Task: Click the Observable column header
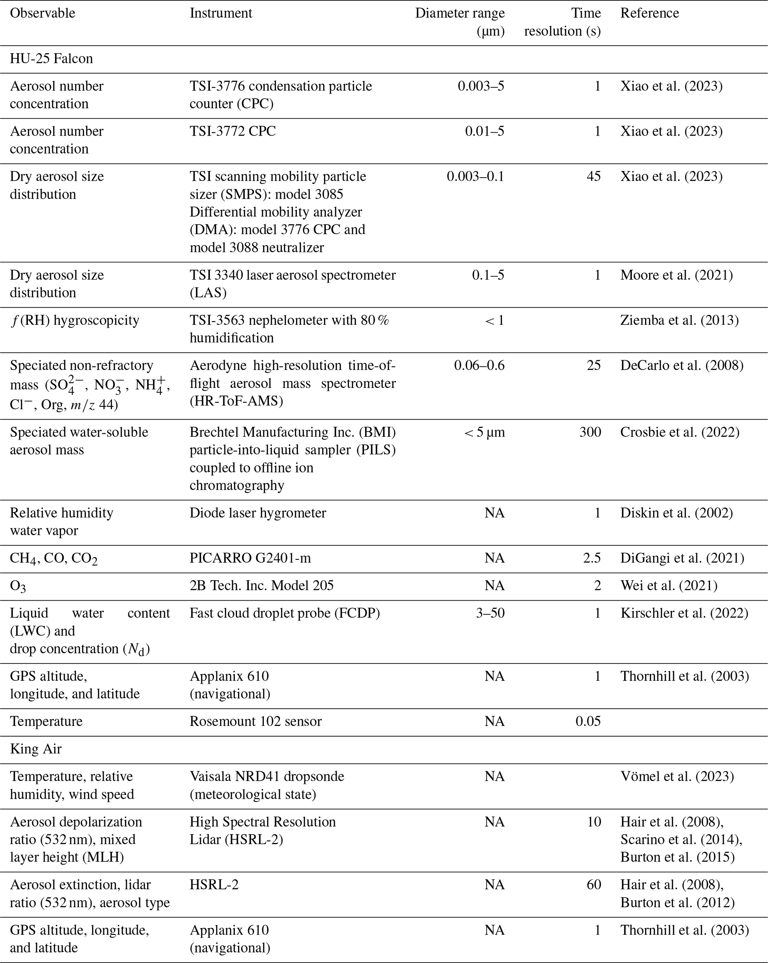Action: coord(42,13)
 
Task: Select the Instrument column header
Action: coord(221,13)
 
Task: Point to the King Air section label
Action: coord(36,749)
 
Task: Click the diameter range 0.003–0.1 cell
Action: coord(475,177)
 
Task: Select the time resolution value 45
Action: coord(593,177)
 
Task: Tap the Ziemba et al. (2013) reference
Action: coord(679,320)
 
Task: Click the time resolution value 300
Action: coord(590,432)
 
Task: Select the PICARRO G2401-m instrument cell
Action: coord(250,558)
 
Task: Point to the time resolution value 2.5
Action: coord(592,558)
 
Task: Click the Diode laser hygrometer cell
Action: coord(257,513)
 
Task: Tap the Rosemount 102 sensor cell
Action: coord(255,721)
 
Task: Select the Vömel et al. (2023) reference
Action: coord(677,776)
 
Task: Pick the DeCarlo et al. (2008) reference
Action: coord(681,365)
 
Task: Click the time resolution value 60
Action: coord(593,885)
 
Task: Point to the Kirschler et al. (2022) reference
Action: coord(684,613)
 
